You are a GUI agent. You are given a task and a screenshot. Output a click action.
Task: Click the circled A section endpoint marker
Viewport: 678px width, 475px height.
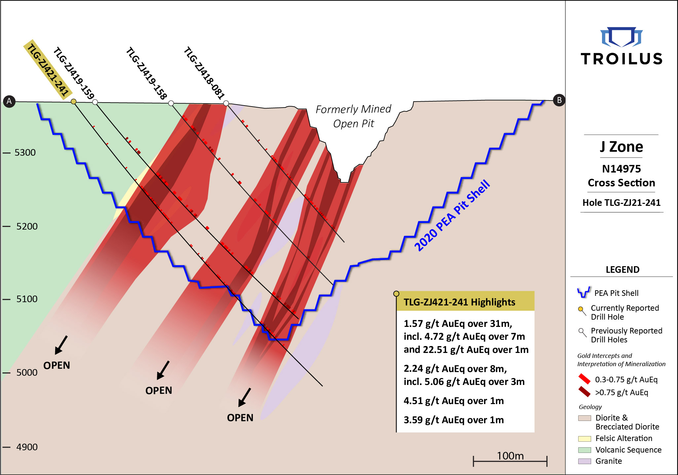pyautogui.click(x=9, y=101)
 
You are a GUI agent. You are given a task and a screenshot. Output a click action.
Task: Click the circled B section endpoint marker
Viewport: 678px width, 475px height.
pyautogui.click(x=559, y=100)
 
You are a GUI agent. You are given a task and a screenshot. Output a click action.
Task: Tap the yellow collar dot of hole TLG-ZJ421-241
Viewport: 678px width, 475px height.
pyautogui.click(x=74, y=102)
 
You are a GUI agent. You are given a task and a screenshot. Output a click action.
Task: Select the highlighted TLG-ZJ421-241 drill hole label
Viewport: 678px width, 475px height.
pyautogui.click(x=48, y=70)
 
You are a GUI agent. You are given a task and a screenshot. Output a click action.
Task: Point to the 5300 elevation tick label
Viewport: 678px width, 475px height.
pyautogui.click(x=25, y=152)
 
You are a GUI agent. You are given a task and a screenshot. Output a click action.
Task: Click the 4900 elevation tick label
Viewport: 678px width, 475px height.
pyautogui.click(x=27, y=447)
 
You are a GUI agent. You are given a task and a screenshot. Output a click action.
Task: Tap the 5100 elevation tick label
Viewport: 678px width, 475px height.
pyautogui.click(x=27, y=299)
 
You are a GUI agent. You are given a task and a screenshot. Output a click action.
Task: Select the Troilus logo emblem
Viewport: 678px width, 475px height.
pyautogui.click(x=621, y=37)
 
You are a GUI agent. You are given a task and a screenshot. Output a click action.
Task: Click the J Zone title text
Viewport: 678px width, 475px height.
pyautogui.click(x=621, y=147)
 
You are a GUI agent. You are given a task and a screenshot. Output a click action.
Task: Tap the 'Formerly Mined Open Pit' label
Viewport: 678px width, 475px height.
pyautogui.click(x=353, y=116)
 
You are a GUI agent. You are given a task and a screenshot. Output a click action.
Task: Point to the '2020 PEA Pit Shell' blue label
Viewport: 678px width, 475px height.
pyautogui.click(x=452, y=215)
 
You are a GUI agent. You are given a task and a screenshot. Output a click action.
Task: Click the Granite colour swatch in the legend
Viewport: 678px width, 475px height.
pyautogui.click(x=584, y=461)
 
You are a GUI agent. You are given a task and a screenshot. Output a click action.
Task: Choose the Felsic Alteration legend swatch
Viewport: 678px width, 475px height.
pyautogui.click(x=584, y=438)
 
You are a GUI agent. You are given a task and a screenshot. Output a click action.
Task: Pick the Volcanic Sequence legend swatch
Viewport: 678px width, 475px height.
pyautogui.click(x=584, y=450)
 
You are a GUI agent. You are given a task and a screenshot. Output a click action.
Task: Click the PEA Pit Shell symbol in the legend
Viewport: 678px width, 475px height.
pyautogui.click(x=584, y=292)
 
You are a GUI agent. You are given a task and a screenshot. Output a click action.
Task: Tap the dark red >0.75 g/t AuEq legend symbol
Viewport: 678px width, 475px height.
pyautogui.click(x=584, y=392)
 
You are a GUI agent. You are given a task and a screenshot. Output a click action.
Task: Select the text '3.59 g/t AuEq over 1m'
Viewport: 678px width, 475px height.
pyautogui.click(x=454, y=420)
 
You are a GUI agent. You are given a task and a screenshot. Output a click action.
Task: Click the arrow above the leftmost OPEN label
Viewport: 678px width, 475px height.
pyautogui.click(x=61, y=345)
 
